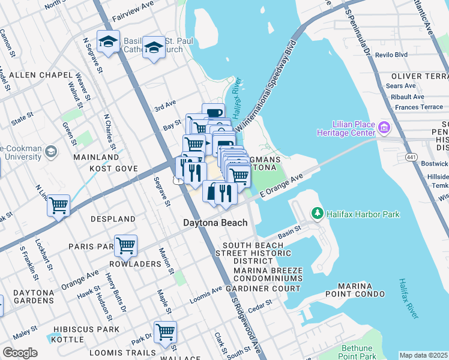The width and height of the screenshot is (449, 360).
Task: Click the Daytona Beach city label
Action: point(215,223)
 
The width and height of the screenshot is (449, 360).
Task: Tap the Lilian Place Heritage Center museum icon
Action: point(384,127)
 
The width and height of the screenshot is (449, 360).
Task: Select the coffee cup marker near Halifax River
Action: point(214,112)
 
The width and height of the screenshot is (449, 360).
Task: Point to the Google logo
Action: point(20,353)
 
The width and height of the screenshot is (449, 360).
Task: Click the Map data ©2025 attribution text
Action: point(423,355)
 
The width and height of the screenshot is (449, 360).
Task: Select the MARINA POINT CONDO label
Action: point(353,290)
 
